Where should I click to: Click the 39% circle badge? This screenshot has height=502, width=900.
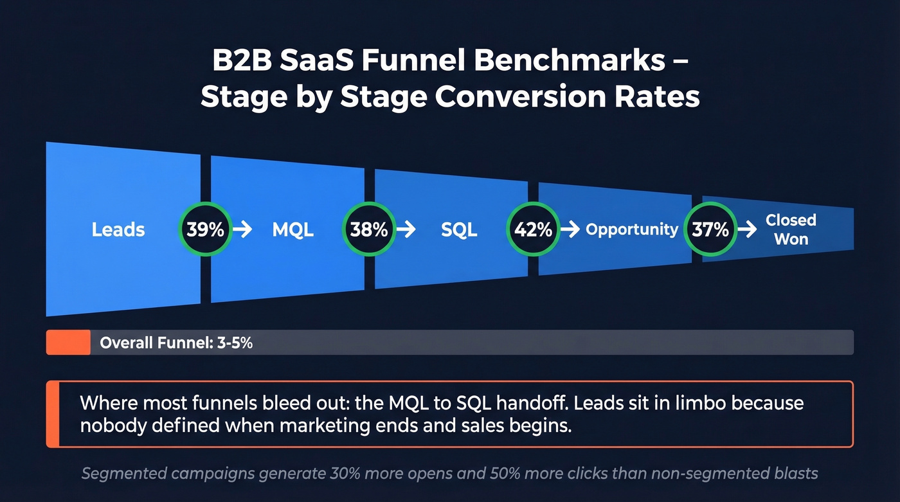[205, 229]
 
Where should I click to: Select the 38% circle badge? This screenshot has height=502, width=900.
[369, 229]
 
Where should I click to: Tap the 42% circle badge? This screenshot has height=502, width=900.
[534, 229]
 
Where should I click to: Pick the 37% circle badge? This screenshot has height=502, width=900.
[710, 229]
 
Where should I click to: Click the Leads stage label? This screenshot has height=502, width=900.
[118, 229]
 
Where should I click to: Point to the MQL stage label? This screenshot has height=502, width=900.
[293, 230]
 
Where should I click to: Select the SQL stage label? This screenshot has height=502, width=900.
[459, 230]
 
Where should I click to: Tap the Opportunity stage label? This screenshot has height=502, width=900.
[632, 229]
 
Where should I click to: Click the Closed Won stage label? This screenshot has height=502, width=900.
[791, 229]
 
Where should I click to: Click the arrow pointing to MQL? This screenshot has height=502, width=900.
[242, 229]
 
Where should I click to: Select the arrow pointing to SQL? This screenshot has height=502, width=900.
[406, 229]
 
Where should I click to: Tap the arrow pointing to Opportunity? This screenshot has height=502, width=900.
[570, 229]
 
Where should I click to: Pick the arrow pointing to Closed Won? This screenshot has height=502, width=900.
[747, 229]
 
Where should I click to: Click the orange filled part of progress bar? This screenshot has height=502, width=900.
[68, 343]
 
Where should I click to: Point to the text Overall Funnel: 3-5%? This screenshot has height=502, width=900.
[176, 343]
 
